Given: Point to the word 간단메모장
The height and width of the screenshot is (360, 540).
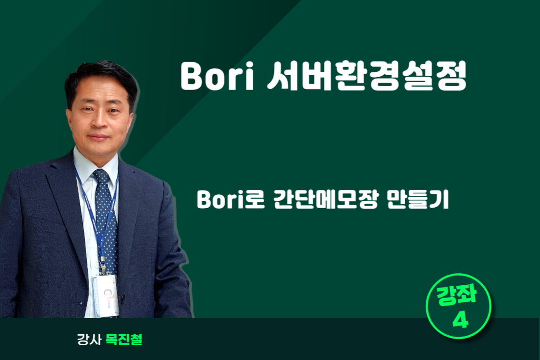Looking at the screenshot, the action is point(326,200).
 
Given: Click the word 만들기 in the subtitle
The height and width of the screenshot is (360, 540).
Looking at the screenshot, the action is point(418,200).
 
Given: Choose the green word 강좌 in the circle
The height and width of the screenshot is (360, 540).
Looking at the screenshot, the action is point(457,295).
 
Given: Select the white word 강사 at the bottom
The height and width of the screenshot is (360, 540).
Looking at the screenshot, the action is point(89,340).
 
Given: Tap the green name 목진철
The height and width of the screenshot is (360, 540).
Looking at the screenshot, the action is point(124,340).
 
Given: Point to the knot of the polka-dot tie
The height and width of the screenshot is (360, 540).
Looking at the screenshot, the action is point(101,176).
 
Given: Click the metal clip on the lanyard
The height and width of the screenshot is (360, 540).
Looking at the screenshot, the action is point(102,266).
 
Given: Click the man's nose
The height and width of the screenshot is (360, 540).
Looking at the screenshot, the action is point(98,120).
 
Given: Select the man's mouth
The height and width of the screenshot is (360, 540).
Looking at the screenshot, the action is point(99,137).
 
